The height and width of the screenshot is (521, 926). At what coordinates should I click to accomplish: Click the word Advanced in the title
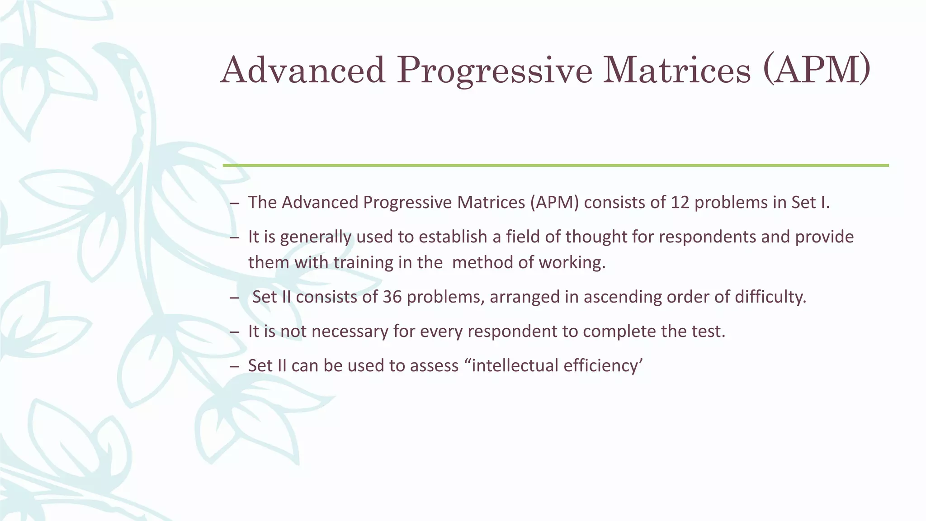point(302,71)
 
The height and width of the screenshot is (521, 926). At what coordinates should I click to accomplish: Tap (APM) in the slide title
point(816,71)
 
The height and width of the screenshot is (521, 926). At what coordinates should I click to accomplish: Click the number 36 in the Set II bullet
point(392,297)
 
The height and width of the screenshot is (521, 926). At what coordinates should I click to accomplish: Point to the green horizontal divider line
point(555,166)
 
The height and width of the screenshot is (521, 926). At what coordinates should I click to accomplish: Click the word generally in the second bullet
point(316,237)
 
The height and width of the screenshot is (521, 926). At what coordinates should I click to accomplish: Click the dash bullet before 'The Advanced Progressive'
point(234,204)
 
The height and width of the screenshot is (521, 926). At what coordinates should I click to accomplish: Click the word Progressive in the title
point(494,71)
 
